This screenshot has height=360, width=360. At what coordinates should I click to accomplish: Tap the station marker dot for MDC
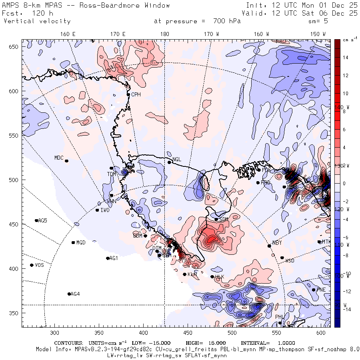66,161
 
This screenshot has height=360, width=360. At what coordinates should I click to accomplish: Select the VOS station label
39,265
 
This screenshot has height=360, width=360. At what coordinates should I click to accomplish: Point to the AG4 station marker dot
69,294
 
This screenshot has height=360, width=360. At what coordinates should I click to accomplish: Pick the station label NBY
277,243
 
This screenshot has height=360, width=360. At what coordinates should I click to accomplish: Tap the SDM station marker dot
216,219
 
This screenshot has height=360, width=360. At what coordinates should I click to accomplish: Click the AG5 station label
42,220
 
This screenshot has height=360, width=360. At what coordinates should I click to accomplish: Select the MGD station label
81,243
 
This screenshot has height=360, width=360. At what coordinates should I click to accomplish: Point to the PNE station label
321,290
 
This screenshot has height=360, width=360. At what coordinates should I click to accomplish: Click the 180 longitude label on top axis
164,34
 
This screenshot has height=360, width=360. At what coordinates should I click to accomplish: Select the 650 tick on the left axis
15,47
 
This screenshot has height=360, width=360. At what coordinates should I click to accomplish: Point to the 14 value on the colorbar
345,58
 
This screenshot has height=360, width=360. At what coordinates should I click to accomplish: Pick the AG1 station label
114,258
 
